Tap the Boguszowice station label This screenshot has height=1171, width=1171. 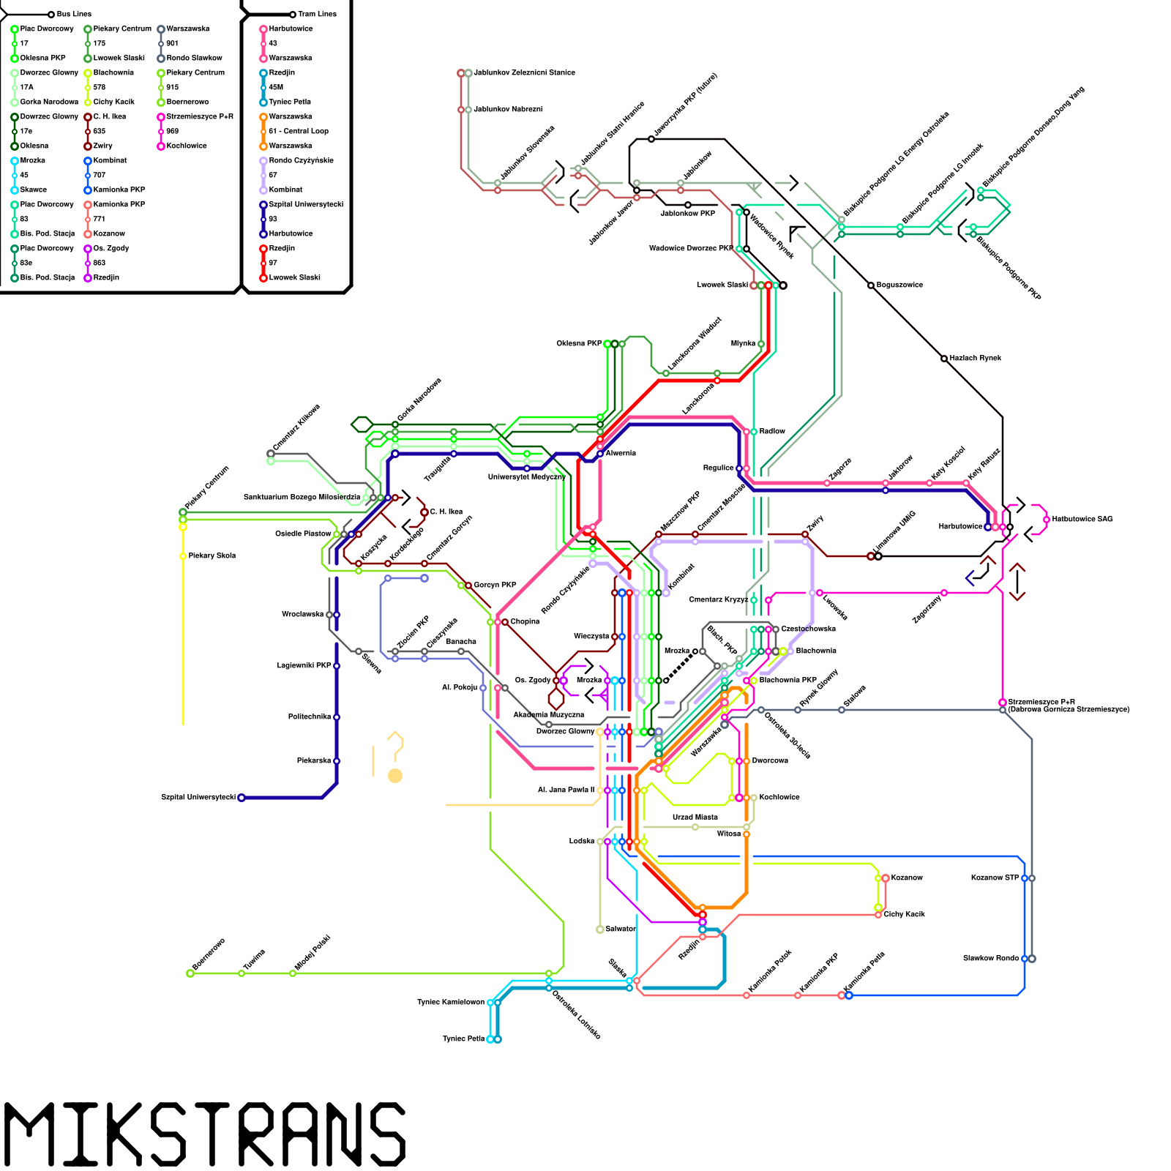click(x=899, y=285)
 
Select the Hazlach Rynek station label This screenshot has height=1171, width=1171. click(x=976, y=358)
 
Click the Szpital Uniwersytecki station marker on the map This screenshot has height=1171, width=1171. click(x=242, y=798)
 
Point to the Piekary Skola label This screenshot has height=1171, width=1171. click(x=212, y=556)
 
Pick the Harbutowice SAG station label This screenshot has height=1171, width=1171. click(x=1082, y=519)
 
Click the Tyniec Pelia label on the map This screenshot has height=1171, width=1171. click(x=464, y=1039)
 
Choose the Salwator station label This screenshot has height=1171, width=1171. click(x=621, y=929)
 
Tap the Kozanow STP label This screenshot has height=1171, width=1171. click(x=995, y=878)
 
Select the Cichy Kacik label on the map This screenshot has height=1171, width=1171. click(x=905, y=914)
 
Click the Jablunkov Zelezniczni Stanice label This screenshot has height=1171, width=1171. click(x=524, y=72)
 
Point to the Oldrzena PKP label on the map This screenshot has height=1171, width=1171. click(x=579, y=343)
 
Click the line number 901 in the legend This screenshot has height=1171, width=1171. click(x=172, y=43)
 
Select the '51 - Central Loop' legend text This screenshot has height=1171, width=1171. click(x=299, y=131)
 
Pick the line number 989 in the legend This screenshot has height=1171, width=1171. click(x=172, y=131)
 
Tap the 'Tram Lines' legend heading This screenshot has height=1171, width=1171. click(x=317, y=14)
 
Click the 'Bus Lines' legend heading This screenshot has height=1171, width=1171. click(x=74, y=14)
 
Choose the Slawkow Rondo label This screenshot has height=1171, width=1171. click(x=991, y=958)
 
